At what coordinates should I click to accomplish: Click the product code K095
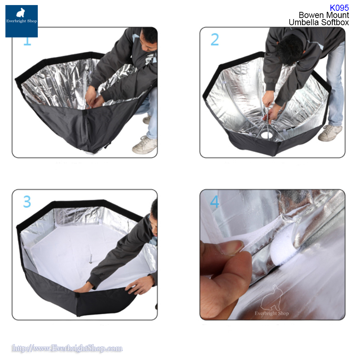coord(339,8)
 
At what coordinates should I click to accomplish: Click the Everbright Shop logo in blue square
coord(21,21)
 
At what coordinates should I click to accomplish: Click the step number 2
coord(215,40)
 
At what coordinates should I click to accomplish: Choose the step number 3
coord(27,202)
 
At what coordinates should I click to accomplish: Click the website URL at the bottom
coord(67,348)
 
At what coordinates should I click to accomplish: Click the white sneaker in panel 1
coord(144,145)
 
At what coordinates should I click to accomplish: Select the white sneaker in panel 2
coord(330,133)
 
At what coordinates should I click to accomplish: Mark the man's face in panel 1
coord(147,45)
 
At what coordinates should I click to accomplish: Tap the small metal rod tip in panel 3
coord(91,258)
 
